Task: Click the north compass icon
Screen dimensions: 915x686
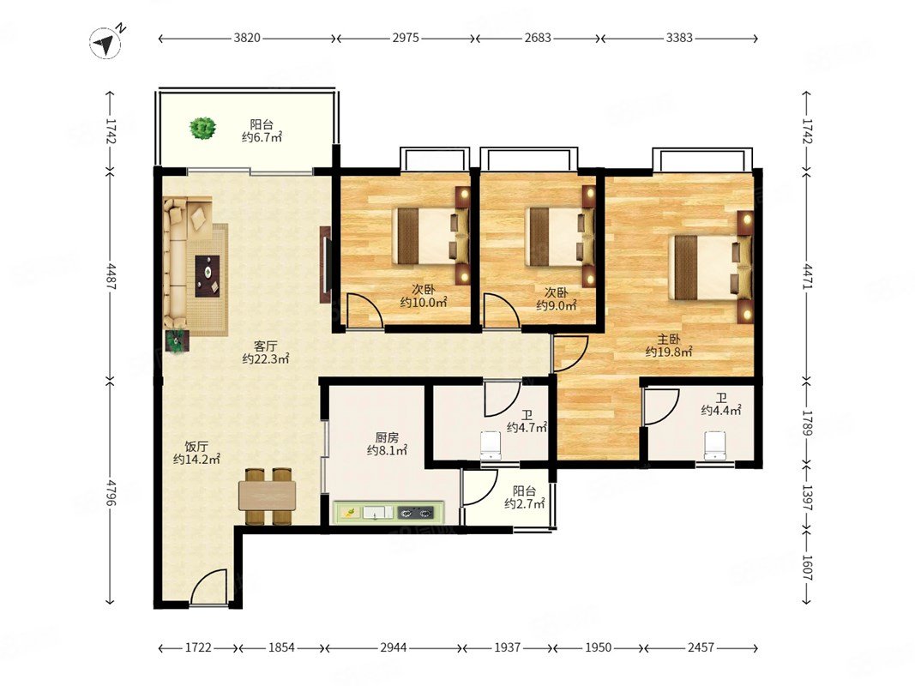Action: pos(105,43)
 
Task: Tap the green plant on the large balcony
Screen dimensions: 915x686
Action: pos(202,128)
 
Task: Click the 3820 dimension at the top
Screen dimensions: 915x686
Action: pos(247,38)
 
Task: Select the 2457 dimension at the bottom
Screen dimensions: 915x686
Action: pos(701,647)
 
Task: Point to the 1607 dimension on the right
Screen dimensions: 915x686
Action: pos(806,566)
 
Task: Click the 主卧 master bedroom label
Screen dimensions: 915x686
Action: pos(669,339)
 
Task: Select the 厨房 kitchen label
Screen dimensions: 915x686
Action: pos(386,437)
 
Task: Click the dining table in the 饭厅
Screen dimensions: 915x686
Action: pos(268,496)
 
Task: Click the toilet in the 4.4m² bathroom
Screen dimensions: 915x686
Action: pos(715,445)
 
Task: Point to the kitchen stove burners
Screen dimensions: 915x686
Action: pos(416,514)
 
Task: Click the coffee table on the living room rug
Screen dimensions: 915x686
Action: pos(208,276)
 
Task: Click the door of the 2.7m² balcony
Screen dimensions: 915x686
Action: pos(479,487)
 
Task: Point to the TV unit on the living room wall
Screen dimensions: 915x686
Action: pos(324,264)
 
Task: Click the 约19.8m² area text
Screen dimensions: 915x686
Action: pos(669,352)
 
